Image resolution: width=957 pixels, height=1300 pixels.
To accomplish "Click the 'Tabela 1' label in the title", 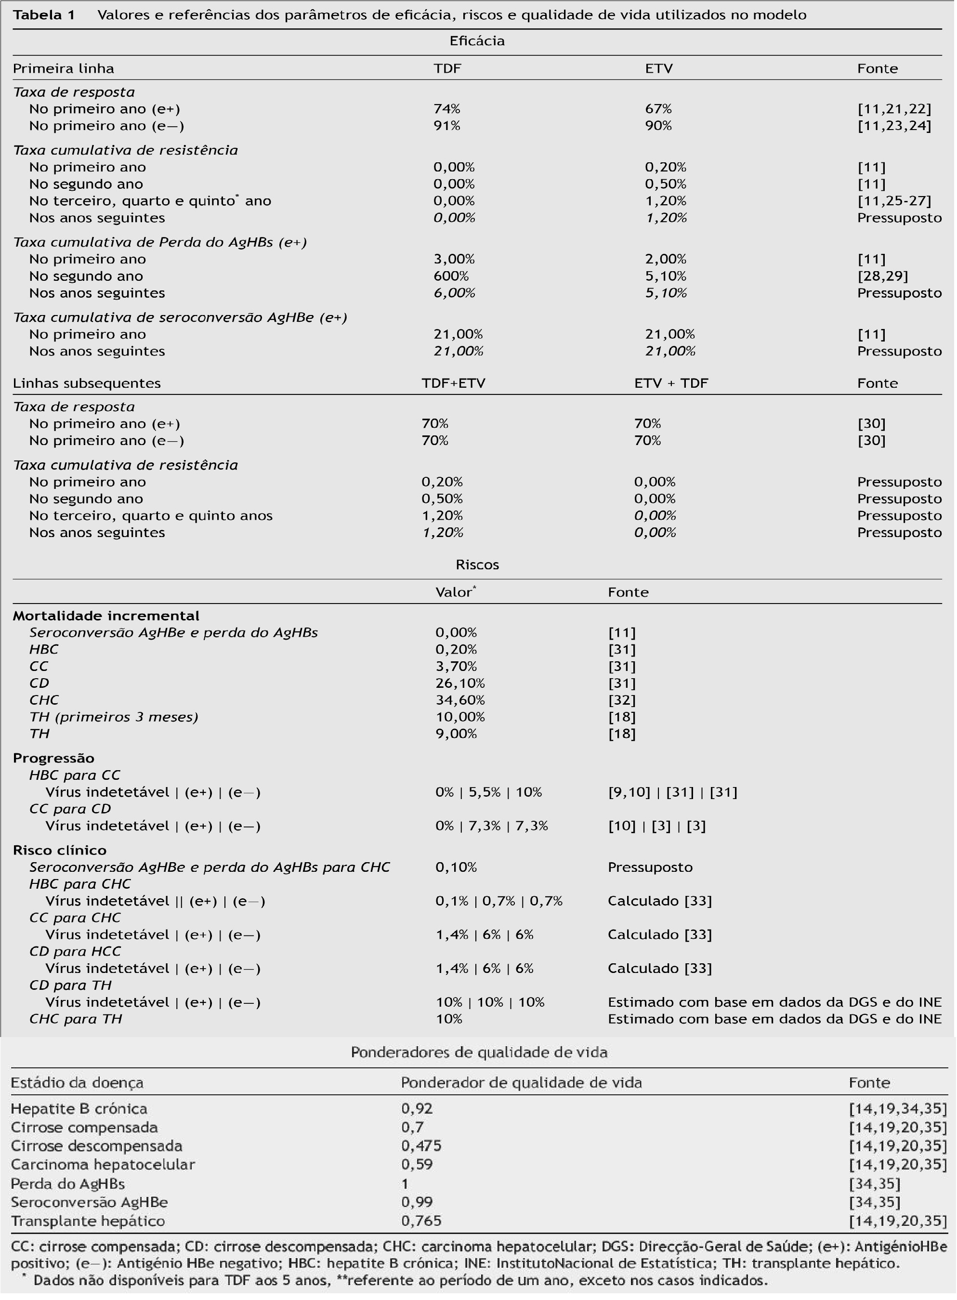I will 44,15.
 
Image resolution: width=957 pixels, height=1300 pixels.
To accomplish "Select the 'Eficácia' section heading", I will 477,41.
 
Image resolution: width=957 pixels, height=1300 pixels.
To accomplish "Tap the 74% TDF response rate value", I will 446,109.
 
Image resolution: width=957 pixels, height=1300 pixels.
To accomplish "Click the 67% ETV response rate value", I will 658,109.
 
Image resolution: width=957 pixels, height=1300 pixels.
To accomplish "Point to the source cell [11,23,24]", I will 894,126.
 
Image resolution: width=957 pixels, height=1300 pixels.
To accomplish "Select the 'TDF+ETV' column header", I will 453,383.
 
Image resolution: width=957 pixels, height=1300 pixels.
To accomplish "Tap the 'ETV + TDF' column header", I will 671,383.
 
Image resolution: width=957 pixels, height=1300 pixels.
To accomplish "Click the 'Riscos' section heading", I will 477,565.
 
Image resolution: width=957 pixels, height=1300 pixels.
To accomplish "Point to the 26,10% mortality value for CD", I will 460,683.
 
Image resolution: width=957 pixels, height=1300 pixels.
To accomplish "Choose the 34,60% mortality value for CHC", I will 460,700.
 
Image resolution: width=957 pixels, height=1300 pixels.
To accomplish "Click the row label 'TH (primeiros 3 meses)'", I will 114,717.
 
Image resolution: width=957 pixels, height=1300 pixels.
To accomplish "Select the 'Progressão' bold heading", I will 53,758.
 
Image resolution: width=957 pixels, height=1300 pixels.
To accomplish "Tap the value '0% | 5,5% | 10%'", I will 488,792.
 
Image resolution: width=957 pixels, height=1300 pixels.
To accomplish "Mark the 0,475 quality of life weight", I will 421,1145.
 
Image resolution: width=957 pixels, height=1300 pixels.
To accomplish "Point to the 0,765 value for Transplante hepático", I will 421,1221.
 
